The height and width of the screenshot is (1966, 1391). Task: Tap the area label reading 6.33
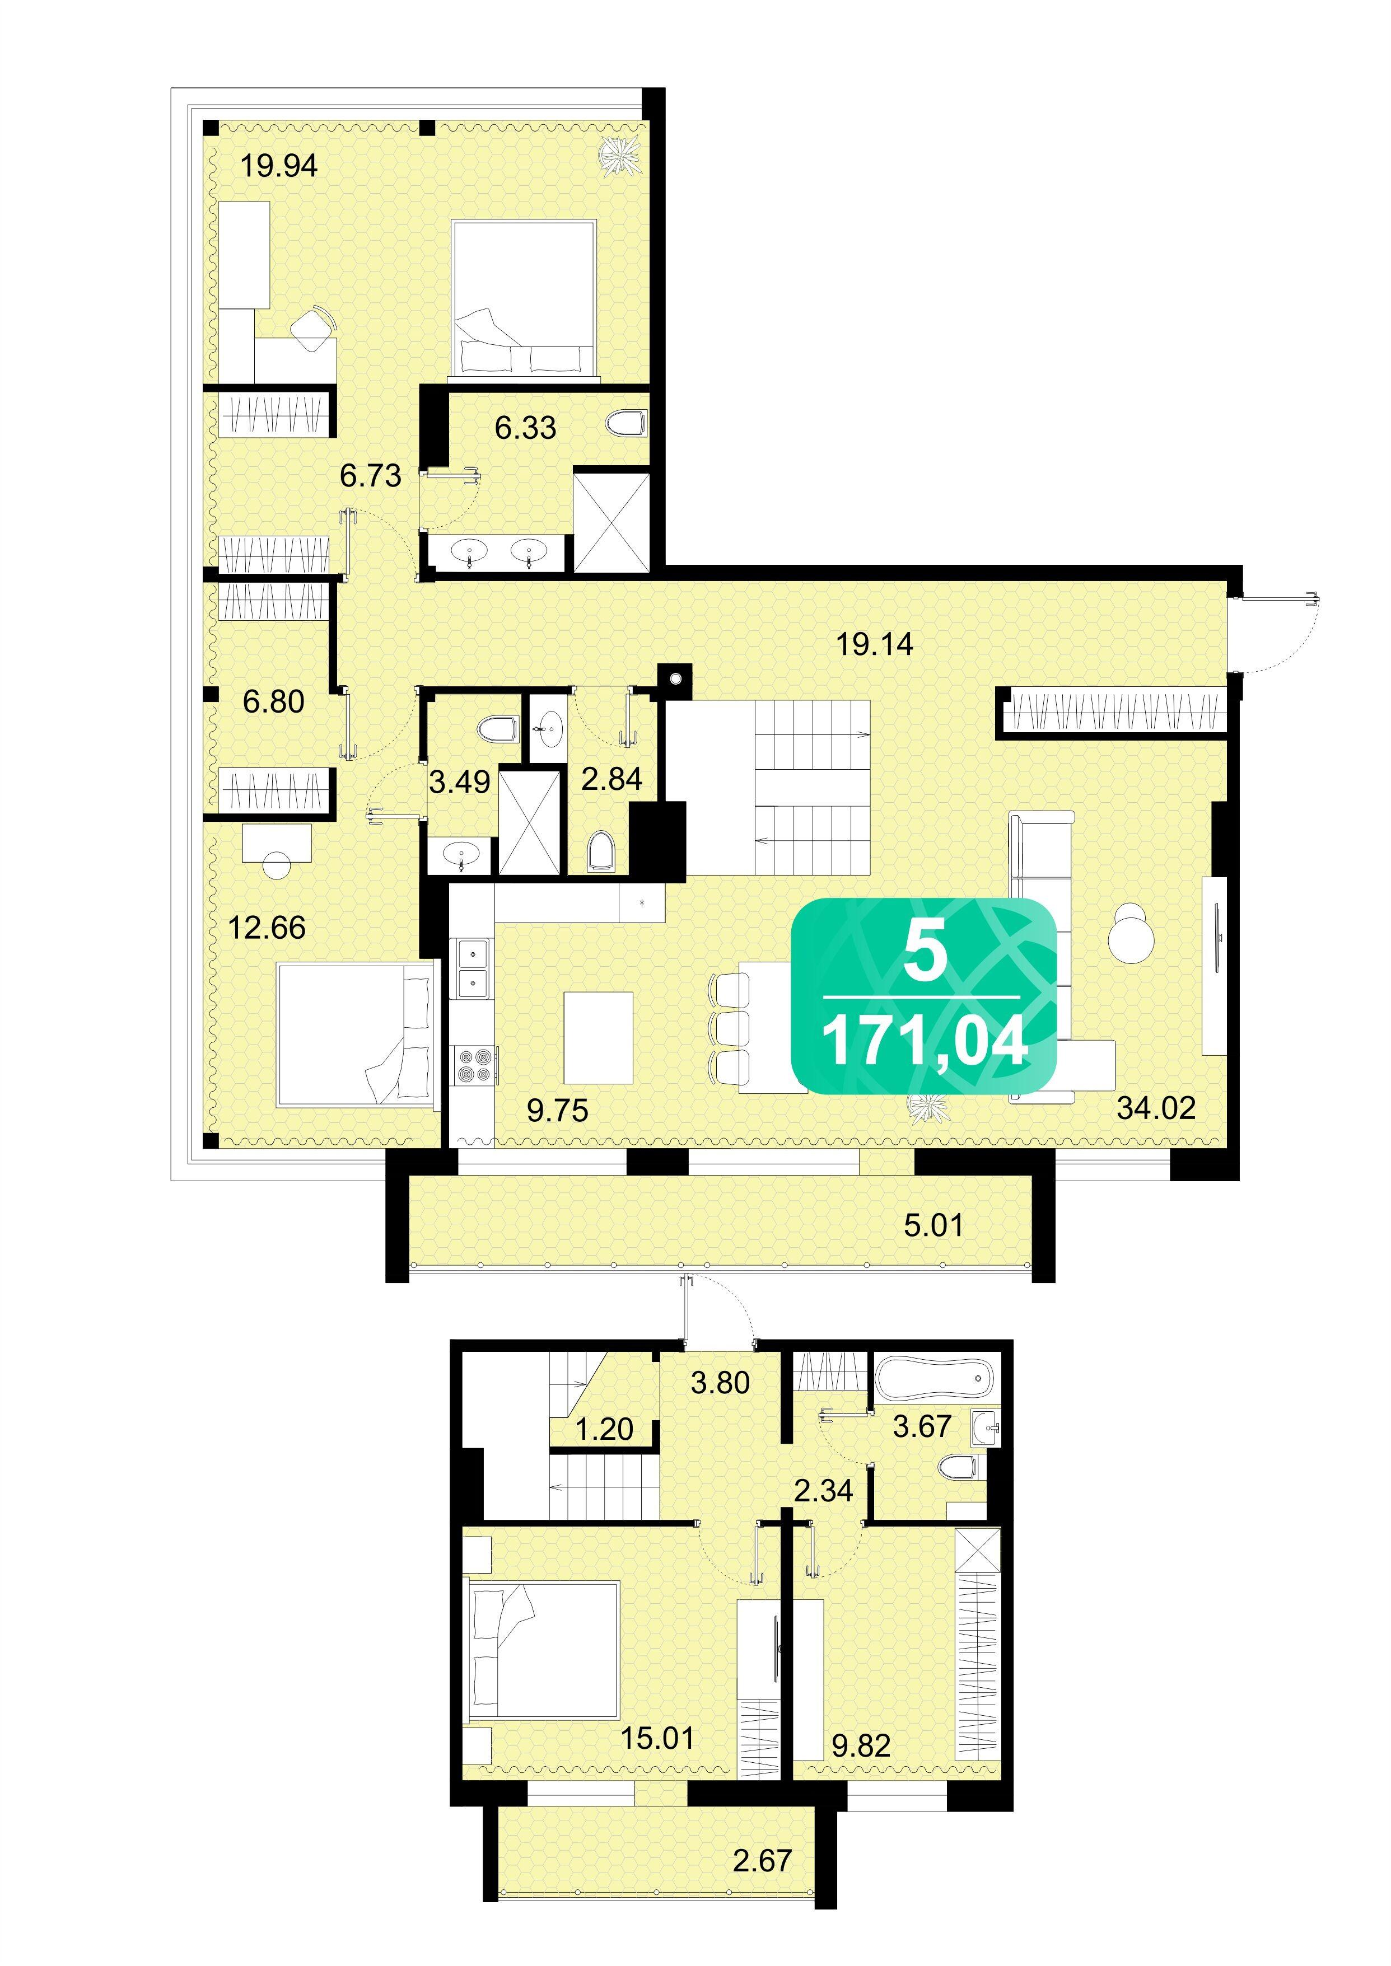coord(525,427)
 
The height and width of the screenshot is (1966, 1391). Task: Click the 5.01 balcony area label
coord(933,1225)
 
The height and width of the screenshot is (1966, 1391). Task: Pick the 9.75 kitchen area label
coord(558,1111)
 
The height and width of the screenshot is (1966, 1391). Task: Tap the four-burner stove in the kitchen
coord(474,1064)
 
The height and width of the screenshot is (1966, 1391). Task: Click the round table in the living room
coord(1131,935)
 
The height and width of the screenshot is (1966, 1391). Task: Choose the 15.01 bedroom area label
coord(657,1738)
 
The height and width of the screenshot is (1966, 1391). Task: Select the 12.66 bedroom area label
coord(267,928)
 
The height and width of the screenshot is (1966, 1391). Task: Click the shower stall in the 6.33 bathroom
coord(611,519)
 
